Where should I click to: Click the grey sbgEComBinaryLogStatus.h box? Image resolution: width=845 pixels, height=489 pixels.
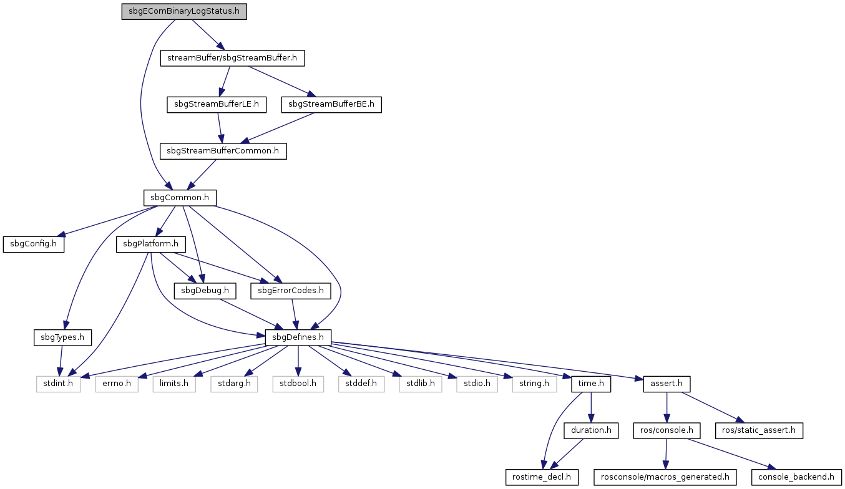coord(184,11)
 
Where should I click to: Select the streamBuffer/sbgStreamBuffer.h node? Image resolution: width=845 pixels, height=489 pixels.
coord(232,58)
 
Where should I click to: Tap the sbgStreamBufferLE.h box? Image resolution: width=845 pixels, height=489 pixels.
coord(217,104)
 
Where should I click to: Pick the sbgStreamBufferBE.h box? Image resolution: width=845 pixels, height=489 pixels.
coord(331,104)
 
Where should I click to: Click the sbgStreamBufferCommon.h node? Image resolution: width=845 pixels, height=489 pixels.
coord(223,151)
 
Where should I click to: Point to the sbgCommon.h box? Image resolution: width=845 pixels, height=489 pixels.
coord(180,198)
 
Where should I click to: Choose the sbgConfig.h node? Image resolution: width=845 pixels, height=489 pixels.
coord(34,244)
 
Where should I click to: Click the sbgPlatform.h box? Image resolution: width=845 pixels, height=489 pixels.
coord(151,244)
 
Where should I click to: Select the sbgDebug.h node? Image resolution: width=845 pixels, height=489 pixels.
coord(205,291)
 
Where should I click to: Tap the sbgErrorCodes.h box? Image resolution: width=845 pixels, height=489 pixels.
coord(290,291)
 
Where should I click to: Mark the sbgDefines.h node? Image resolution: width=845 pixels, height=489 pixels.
coord(298,338)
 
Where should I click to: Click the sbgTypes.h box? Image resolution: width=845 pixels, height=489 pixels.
coord(62,338)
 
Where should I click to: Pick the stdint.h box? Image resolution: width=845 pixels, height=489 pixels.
coord(59,384)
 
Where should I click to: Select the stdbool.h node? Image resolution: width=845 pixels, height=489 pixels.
coord(298,384)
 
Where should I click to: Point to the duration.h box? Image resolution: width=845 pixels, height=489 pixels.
coord(591,430)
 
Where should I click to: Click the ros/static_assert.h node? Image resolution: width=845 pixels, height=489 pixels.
coord(759,430)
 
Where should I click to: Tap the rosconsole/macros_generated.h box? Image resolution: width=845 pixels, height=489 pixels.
coord(665,477)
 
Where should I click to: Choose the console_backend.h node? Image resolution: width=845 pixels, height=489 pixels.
coord(796,477)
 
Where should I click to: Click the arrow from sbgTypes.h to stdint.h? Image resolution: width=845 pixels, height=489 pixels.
coord(61,361)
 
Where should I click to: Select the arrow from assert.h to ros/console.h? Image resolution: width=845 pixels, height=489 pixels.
coord(667,407)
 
